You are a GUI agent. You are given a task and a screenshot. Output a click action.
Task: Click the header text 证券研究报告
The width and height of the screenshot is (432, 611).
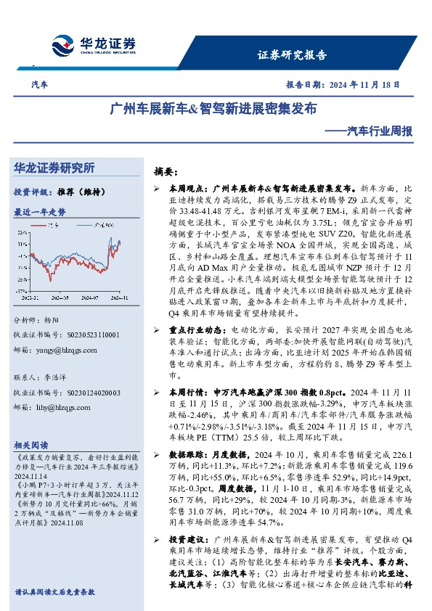pos(292,55)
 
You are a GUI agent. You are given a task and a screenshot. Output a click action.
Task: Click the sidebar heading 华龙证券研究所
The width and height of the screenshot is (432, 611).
pos(54,168)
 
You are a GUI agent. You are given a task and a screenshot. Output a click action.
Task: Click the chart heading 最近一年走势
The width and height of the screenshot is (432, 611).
pos(40,212)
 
